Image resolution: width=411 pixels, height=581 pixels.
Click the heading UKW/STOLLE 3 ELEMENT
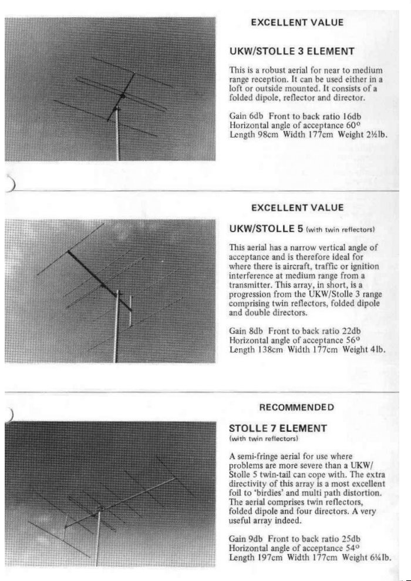291,51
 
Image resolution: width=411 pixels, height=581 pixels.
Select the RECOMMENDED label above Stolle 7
297,407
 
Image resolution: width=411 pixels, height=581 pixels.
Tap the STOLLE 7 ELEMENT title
277,428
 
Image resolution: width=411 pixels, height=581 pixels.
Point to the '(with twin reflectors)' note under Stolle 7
264,438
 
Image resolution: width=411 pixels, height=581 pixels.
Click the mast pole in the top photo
117,138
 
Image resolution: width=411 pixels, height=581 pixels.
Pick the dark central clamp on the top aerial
123,95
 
